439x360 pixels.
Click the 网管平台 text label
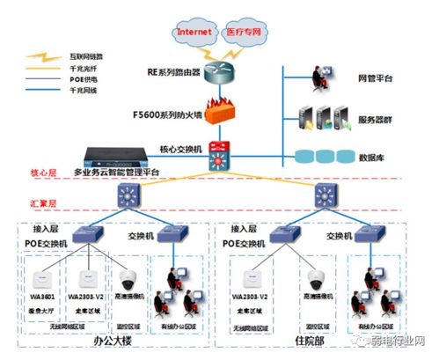(x=376, y=78)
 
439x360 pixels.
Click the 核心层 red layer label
(x=43, y=173)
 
